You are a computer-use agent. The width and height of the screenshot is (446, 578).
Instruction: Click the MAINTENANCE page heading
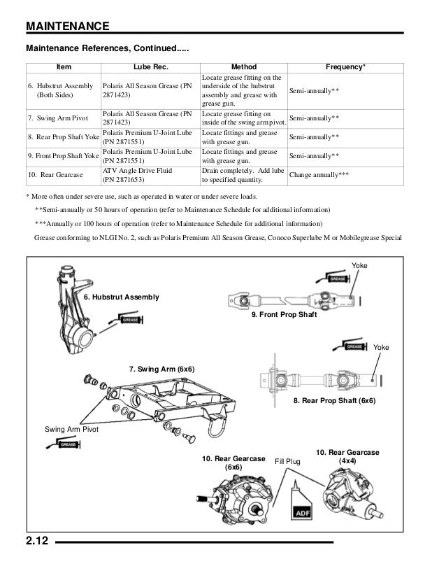(67, 27)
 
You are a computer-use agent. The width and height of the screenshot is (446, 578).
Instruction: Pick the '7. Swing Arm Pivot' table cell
(52, 118)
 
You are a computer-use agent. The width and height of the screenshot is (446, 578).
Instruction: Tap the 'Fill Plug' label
(287, 462)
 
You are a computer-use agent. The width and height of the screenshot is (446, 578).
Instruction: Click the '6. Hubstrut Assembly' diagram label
(121, 297)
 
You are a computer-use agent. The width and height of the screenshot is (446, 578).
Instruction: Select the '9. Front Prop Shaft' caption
(284, 316)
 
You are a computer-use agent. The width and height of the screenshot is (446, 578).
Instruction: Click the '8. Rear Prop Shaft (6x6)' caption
(334, 401)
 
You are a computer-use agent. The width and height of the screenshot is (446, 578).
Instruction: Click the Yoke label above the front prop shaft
(359, 267)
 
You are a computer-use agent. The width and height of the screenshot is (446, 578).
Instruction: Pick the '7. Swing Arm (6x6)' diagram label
(162, 368)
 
